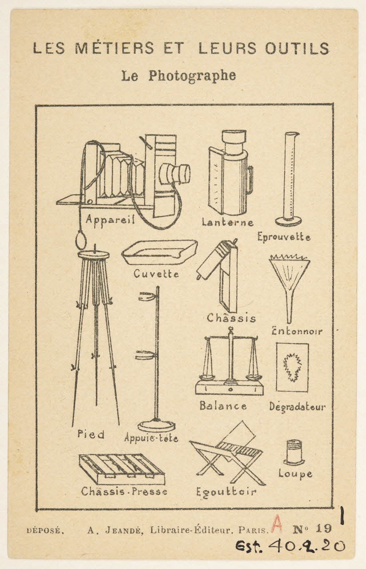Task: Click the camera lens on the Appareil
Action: pyautogui.click(x=175, y=173)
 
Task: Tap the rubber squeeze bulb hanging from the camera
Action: pyautogui.click(x=81, y=240)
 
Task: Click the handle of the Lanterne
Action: pyautogui.click(x=250, y=180)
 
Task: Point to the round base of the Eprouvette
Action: pyautogui.click(x=288, y=221)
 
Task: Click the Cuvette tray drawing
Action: pyautogui.click(x=160, y=252)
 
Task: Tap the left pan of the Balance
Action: pyautogui.click(x=207, y=377)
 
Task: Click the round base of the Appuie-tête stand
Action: pyautogui.click(x=156, y=425)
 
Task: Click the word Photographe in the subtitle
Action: pyautogui.click(x=192, y=76)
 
